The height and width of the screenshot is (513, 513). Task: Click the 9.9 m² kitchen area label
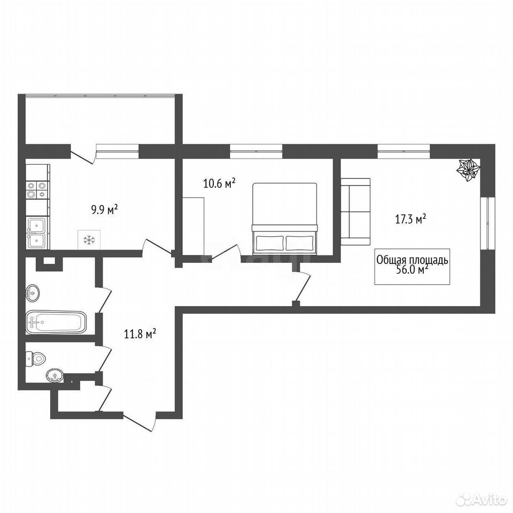tap(104, 209)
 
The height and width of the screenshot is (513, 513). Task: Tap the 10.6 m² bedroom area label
tap(220, 183)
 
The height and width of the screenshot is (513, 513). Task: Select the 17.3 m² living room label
tap(410, 219)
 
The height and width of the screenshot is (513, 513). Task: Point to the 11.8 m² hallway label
tap(140, 335)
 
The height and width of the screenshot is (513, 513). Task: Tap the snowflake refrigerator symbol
tap(89, 240)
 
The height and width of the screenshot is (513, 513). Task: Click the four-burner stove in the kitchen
tap(37, 190)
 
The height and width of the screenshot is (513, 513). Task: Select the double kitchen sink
tap(37, 233)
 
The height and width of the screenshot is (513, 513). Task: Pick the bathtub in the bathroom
tap(56, 323)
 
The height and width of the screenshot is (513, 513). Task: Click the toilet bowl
tap(36, 359)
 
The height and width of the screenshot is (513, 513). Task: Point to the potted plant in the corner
tap(469, 169)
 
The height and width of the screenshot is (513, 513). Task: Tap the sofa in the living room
tap(356, 212)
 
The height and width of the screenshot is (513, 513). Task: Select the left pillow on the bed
tap(269, 243)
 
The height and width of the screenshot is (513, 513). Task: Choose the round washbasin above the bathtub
tap(33, 292)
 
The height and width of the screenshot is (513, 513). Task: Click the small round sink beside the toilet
tap(55, 375)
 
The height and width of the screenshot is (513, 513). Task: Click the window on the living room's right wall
tap(488, 223)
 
